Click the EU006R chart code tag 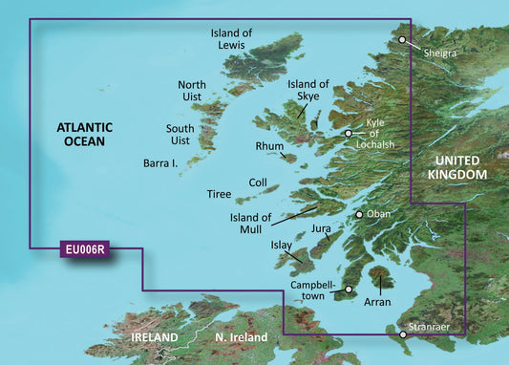tap(86, 250)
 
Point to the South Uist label tap(180, 134)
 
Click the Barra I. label tap(161, 163)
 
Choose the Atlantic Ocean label tap(85, 134)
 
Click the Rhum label tap(269, 146)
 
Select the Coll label tap(258, 182)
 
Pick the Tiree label tap(220, 194)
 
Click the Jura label tap(321, 230)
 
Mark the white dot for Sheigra tap(402, 40)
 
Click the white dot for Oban tap(359, 215)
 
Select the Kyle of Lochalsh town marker tap(349, 134)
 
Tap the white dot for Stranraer tap(403, 334)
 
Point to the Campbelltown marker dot tap(349, 289)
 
